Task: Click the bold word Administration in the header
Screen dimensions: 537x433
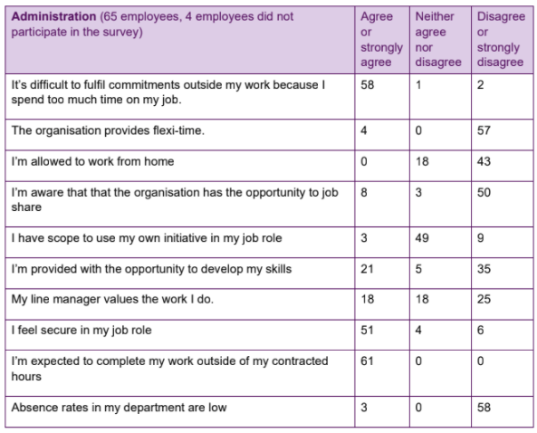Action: tap(53, 16)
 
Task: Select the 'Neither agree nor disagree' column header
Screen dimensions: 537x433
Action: tap(438, 39)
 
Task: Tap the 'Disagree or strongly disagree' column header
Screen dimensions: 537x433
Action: tap(501, 39)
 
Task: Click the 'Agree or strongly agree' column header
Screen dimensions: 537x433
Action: tap(381, 39)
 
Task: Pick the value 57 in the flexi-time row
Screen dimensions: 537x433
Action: tap(484, 130)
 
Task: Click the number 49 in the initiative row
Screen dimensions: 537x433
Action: tap(422, 237)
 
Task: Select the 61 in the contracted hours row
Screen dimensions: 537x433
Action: tap(367, 361)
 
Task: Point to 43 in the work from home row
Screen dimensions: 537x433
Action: tap(484, 161)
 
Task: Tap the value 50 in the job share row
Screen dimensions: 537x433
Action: tap(484, 192)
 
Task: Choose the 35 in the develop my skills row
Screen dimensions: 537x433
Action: tap(484, 269)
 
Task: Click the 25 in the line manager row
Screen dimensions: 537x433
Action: tap(484, 299)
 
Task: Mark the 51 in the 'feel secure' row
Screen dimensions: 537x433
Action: tap(367, 330)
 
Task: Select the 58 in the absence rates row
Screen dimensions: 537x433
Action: tap(484, 408)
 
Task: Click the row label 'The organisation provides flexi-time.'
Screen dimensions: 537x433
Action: tap(108, 130)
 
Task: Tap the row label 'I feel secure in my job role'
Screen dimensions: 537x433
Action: tap(82, 331)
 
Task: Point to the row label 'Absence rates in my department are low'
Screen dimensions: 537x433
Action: tap(119, 408)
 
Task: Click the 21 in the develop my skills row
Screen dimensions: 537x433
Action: tap(367, 269)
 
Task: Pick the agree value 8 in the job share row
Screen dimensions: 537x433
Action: tap(364, 192)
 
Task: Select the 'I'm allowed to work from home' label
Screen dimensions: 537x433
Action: tap(92, 161)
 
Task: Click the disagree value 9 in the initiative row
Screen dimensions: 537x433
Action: tap(481, 237)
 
